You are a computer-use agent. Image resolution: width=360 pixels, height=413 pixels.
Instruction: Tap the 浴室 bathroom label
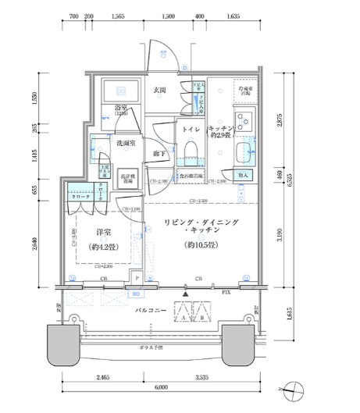coord(121,109)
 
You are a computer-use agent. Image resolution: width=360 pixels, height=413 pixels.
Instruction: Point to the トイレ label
coord(191,131)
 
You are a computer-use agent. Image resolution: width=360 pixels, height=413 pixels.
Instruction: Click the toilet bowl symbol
coord(191,156)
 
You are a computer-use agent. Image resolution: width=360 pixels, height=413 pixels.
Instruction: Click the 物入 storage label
coord(243,176)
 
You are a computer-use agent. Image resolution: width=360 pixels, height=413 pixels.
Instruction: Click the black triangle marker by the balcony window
coord(184,294)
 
